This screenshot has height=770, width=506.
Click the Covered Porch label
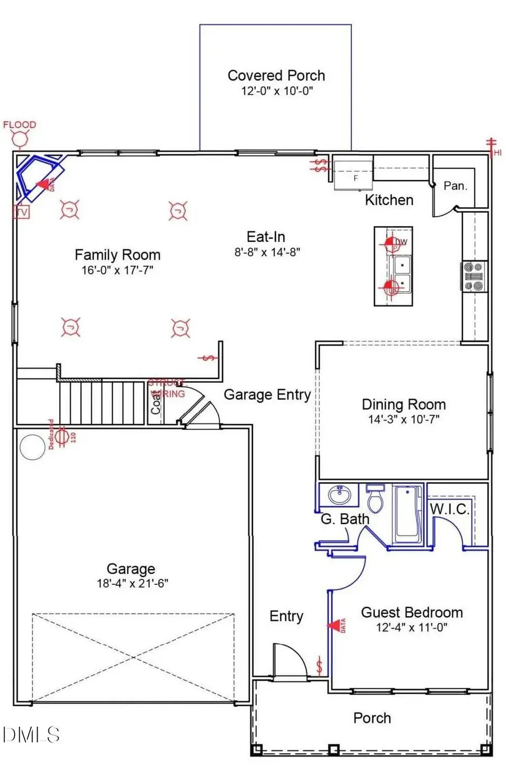click(x=276, y=75)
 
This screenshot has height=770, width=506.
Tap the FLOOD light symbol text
click(x=20, y=124)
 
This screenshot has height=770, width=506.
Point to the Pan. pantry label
click(x=455, y=186)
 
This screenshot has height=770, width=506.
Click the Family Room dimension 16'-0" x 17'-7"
click(x=117, y=270)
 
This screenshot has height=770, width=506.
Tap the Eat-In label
click(x=266, y=237)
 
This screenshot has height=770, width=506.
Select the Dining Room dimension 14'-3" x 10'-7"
click(x=403, y=419)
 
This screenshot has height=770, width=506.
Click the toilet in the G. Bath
click(x=375, y=498)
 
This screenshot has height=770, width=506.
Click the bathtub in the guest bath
click(x=408, y=513)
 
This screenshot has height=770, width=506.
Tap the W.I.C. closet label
click(x=449, y=509)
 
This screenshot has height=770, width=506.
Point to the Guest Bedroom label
click(x=412, y=612)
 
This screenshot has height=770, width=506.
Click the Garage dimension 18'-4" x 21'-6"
click(x=132, y=584)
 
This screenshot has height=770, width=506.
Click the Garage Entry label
click(x=267, y=395)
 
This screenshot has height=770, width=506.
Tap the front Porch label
click(x=372, y=718)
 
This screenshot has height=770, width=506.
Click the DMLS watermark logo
click(x=31, y=734)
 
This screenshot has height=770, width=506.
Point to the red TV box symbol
click(x=21, y=212)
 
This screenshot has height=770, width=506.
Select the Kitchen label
click(x=389, y=200)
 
